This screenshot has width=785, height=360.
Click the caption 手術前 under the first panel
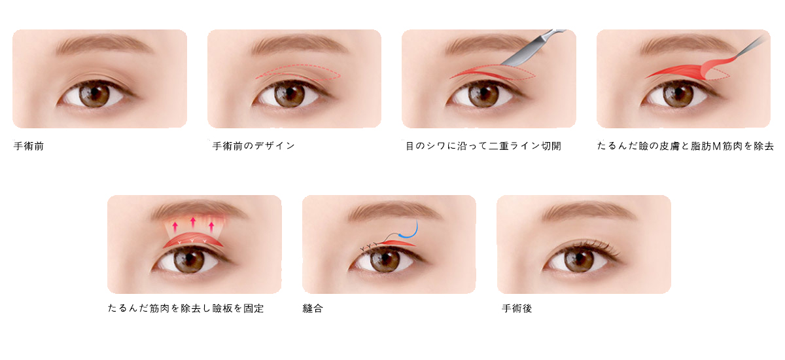pos(29,146)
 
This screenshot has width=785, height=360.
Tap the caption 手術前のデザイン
pos(254,146)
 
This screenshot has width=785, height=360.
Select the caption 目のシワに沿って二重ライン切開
pos(483,146)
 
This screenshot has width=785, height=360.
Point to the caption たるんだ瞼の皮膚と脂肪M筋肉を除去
pos(685,146)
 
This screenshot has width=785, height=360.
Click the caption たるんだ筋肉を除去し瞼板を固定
pos(186,308)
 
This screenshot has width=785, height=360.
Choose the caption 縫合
pos(313,308)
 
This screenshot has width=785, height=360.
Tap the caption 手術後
pos(517,308)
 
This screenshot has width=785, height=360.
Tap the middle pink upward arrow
pos(193,223)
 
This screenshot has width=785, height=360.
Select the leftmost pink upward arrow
pos(175,226)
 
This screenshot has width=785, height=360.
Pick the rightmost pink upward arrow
pos(211,226)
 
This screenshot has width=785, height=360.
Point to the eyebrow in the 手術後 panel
pos(589,211)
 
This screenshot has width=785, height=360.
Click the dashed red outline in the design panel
pos(298,73)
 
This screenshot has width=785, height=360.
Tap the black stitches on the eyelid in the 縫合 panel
pos(369,247)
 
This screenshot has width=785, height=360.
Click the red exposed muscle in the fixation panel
pos(193,240)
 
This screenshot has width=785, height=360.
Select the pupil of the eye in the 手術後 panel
pos(580,259)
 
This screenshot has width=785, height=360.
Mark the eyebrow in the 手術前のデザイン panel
pos(300,45)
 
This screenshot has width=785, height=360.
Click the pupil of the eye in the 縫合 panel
pos(385,259)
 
